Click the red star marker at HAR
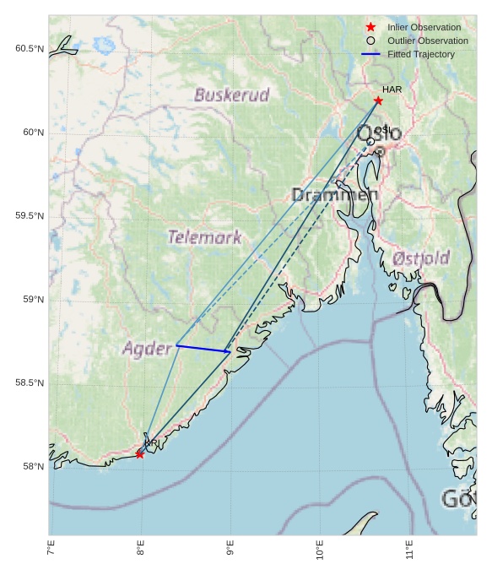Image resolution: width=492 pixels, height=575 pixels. click(378, 100)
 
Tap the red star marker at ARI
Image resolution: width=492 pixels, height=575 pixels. click(139, 454)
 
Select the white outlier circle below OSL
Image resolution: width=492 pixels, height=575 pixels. click(370, 141)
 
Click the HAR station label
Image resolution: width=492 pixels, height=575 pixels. click(392, 89)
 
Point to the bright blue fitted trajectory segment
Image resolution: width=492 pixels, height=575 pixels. click(203, 348)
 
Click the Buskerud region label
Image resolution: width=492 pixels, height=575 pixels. click(231, 95)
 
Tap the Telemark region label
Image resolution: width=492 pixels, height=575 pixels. click(204, 237)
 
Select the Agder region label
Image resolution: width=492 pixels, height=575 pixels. click(147, 348)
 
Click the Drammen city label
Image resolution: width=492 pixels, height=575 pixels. click(334, 195)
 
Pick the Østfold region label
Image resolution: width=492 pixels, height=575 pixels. click(421, 258)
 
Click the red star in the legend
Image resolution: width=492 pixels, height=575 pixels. click(370, 27)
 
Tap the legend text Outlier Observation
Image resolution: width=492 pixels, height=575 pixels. click(427, 41)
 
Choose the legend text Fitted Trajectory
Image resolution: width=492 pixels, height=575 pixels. click(420, 54)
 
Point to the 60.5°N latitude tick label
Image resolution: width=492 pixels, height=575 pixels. click(29, 49)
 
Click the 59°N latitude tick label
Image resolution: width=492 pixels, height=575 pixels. click(32, 300)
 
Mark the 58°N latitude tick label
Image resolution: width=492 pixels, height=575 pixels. click(32, 467)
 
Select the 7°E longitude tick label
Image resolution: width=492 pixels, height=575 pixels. click(51, 553)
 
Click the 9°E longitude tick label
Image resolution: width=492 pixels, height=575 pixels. click(230, 553)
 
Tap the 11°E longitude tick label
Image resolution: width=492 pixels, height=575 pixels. click(409, 553)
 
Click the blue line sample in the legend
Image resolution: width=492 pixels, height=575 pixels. click(370, 54)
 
